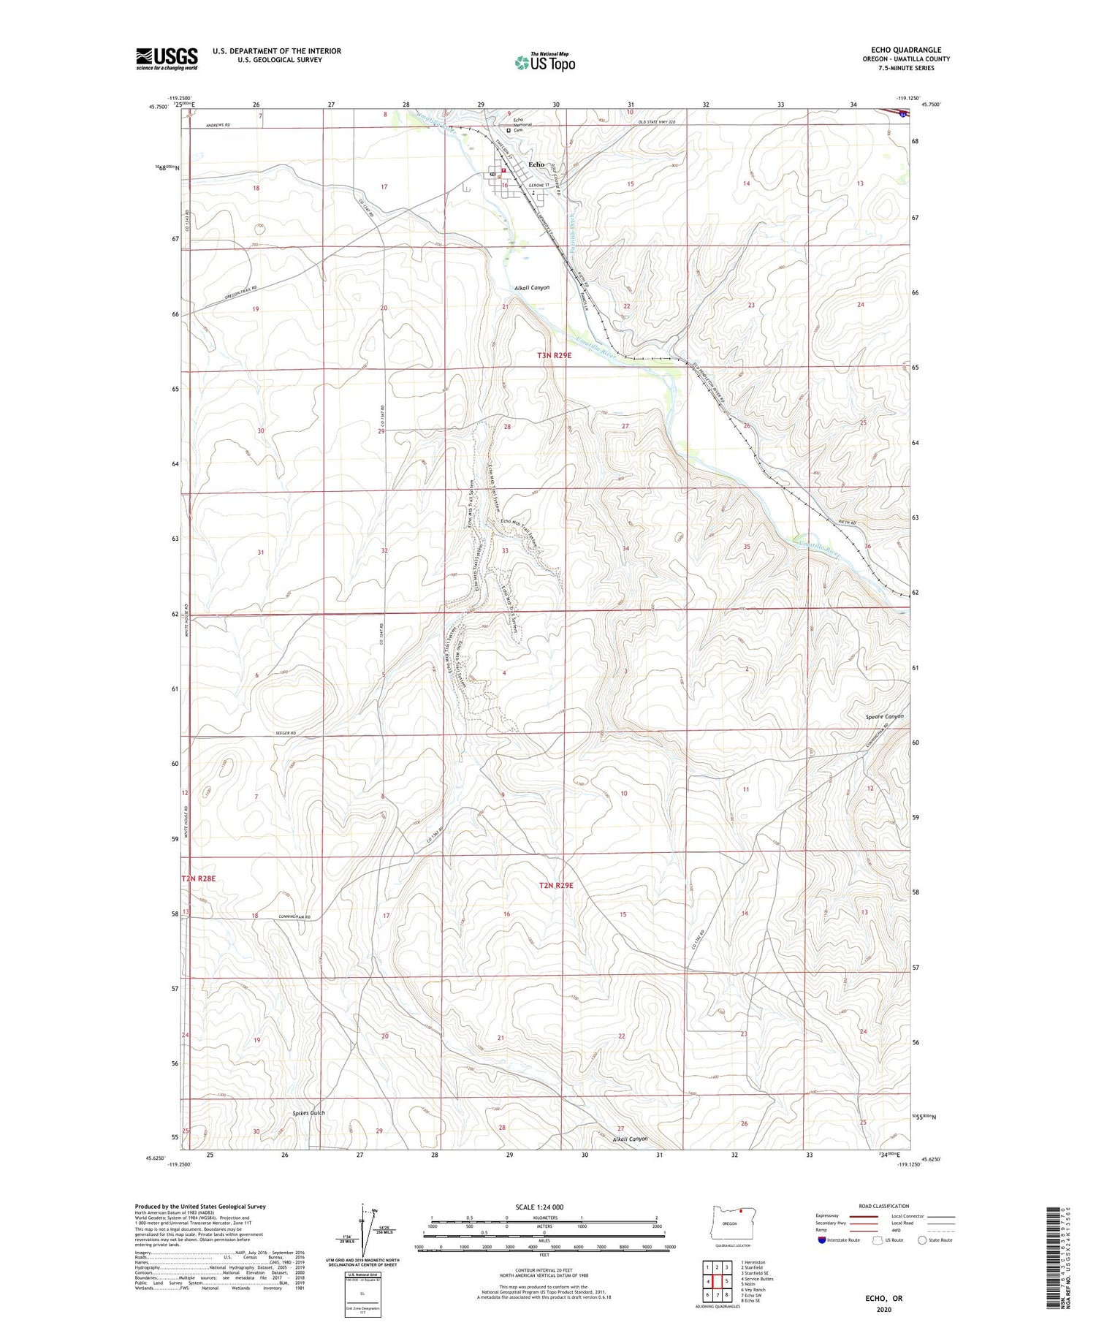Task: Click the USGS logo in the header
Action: [x=167, y=58]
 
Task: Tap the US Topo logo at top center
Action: [x=544, y=63]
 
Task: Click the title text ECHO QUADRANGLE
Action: [x=905, y=50]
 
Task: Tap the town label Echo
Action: [x=536, y=164]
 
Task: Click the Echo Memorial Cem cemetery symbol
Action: [x=509, y=131]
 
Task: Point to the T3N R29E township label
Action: [x=554, y=355]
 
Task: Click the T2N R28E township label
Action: [x=199, y=878]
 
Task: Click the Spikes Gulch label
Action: [x=308, y=1113]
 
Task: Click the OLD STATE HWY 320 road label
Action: [x=662, y=122]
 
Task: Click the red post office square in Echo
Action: [x=503, y=170]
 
